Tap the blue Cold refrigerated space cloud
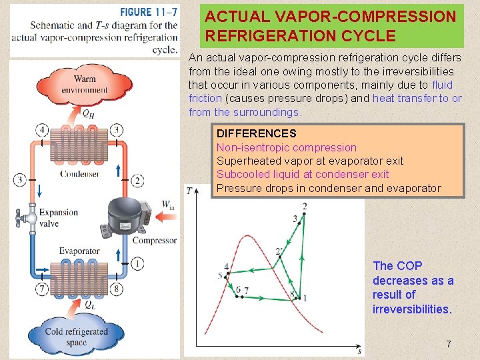point(76,336)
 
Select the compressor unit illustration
point(128,215)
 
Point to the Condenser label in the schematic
point(79,174)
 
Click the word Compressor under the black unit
point(154,240)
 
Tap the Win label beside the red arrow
point(168,204)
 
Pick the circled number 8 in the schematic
point(117,289)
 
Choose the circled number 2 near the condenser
point(137,180)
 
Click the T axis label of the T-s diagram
point(189,191)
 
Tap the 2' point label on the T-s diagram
point(279,251)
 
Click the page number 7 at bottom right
point(449,345)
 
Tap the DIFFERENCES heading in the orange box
point(256,134)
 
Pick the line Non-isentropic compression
point(286,147)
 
